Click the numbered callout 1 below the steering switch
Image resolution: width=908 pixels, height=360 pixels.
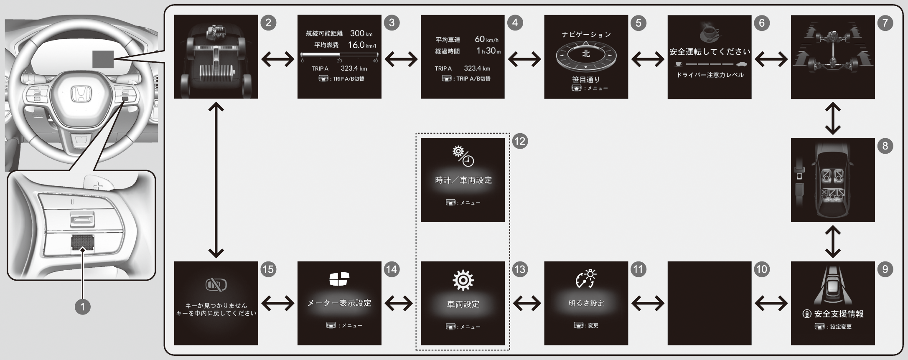(x=82, y=307)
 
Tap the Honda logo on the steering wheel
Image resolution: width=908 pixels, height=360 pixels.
(x=78, y=94)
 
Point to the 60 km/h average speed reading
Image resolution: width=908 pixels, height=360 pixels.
(x=486, y=39)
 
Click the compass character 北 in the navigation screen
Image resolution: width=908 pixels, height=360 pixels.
(x=586, y=53)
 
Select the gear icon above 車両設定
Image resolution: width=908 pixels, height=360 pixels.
(x=463, y=280)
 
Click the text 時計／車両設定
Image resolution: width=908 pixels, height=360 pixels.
(x=463, y=180)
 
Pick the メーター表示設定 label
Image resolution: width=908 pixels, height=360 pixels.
(x=339, y=303)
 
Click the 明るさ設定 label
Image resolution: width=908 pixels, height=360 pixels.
(x=586, y=303)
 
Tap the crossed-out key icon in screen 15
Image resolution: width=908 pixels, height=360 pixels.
(x=216, y=285)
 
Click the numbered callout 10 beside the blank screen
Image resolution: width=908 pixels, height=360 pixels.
(x=761, y=269)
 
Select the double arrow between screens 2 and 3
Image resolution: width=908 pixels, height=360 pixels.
(x=277, y=59)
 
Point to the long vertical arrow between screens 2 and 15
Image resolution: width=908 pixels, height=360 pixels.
(x=216, y=180)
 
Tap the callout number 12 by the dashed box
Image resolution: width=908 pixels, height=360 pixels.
(x=520, y=142)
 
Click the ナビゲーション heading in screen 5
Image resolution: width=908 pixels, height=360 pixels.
(x=586, y=35)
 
